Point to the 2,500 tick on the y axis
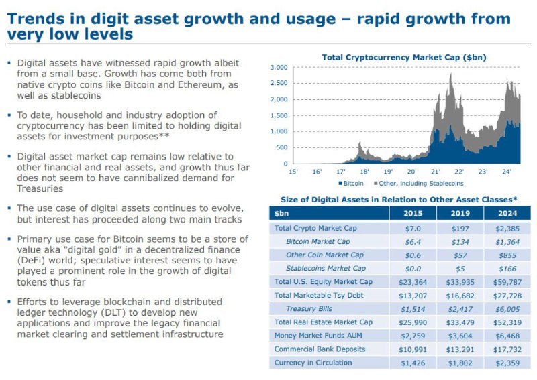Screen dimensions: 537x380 point(279,83)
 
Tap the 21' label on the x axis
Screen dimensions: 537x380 point(435,172)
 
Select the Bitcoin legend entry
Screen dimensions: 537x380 point(351,184)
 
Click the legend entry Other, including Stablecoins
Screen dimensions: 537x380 point(419,184)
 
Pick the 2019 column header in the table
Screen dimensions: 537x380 point(460,213)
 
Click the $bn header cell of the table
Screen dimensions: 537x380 point(281,214)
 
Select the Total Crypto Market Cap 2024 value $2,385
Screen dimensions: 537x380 point(507,229)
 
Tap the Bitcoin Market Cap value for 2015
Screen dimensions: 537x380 point(413,242)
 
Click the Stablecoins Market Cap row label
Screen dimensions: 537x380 point(326,269)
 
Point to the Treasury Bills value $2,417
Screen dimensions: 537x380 point(460,309)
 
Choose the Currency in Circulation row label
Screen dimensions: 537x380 point(313,363)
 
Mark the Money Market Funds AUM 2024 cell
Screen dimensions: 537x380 point(507,336)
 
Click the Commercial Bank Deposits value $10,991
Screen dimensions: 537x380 point(413,350)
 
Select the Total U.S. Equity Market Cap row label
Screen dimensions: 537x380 point(324,282)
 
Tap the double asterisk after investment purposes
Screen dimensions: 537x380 point(164,135)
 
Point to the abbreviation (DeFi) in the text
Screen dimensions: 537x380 point(32,261)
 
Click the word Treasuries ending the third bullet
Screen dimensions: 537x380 point(40,189)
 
